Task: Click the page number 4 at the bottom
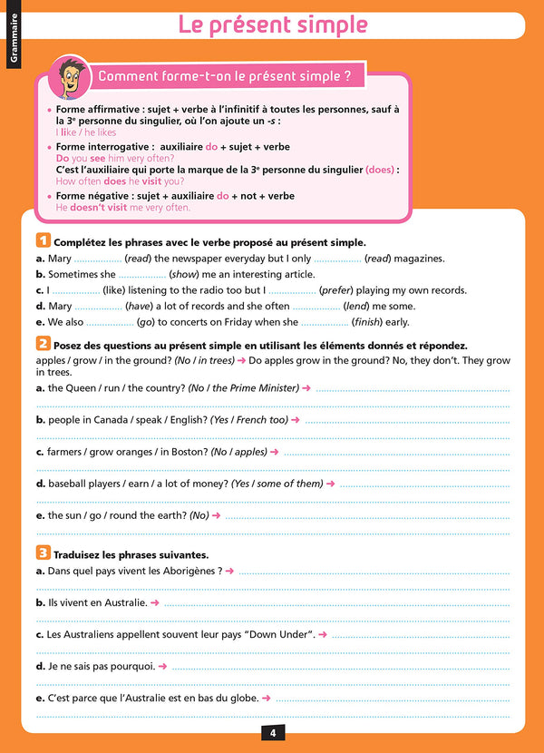click(272, 733)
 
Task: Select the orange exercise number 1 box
click(43, 241)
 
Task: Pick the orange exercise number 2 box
click(43, 344)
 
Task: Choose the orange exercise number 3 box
click(43, 553)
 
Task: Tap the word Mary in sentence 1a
click(60, 259)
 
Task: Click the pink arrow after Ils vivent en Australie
click(155, 602)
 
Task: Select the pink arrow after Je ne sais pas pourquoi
click(162, 666)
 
